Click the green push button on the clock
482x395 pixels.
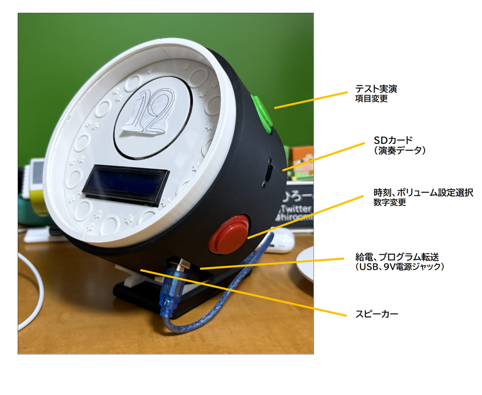tap(262, 112)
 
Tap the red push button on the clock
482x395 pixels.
tap(229, 233)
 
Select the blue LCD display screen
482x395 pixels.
tap(126, 184)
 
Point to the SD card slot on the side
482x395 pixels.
tap(267, 172)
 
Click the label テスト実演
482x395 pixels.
tap(376, 89)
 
